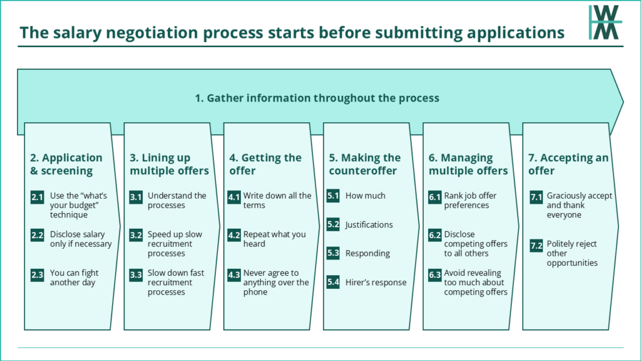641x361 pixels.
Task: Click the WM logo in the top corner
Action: [605, 23]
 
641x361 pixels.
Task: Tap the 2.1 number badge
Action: [37, 197]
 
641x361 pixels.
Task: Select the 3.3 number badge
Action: [136, 275]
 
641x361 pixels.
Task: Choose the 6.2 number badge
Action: [434, 236]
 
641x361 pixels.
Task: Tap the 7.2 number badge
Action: [536, 245]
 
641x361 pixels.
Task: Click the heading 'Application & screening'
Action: [66, 164]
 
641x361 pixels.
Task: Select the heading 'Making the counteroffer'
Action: [365, 164]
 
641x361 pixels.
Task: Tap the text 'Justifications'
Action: [369, 224]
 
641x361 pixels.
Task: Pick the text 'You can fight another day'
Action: [74, 278]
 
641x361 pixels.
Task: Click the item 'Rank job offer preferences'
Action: [470, 201]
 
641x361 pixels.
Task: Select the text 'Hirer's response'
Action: [376, 283]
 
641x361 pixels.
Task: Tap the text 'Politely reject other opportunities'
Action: [572, 253]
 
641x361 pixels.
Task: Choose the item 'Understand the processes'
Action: [177, 201]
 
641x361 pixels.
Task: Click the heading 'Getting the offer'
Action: [265, 164]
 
